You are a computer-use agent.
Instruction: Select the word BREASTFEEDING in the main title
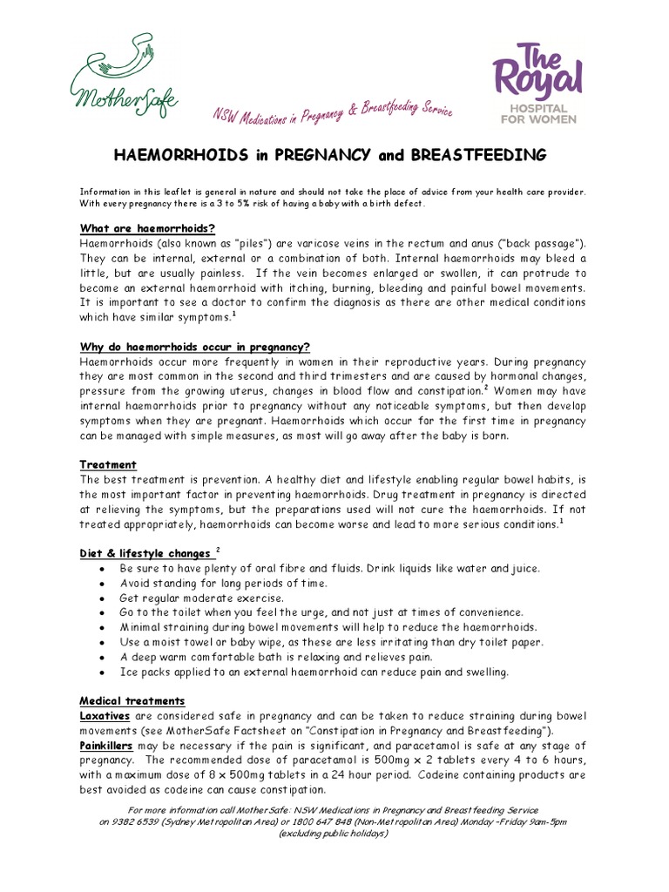point(485,156)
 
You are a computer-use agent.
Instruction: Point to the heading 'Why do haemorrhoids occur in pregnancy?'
point(195,345)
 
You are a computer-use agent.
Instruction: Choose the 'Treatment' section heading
point(108,464)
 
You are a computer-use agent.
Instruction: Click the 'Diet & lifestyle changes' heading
point(145,553)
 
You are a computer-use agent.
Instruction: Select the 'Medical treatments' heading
point(132,700)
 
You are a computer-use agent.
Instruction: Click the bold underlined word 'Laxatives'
point(105,716)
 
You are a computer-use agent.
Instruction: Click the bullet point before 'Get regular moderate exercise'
point(103,598)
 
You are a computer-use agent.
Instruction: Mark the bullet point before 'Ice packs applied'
point(103,672)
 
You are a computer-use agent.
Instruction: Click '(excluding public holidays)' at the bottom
point(334,833)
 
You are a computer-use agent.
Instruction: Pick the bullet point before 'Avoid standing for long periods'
point(103,584)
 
